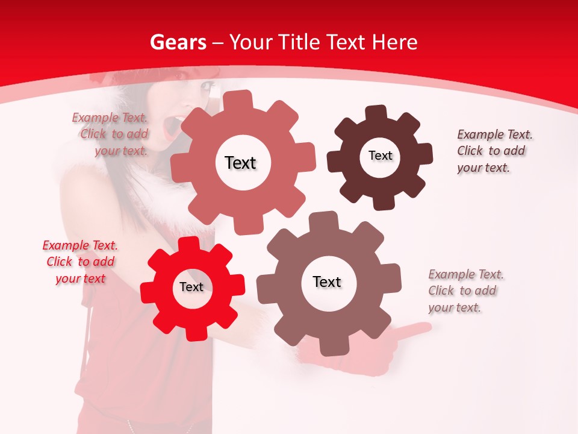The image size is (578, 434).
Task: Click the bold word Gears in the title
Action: coord(178,42)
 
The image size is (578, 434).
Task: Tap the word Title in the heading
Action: coord(300,42)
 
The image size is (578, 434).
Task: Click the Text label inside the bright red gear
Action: coord(191,288)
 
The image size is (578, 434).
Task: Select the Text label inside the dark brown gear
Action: coord(380,156)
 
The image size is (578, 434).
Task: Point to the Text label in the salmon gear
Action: coord(240,163)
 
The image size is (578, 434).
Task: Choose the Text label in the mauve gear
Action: coord(327,281)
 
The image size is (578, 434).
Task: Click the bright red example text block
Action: coord(80,262)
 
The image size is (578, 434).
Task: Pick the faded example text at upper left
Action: coord(112,134)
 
